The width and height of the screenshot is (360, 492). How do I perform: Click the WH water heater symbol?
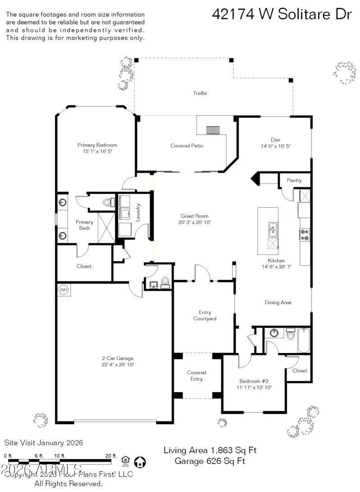tap(63, 290)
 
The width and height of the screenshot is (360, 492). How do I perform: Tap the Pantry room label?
tap(294, 180)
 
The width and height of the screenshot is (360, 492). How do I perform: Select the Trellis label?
tap(200, 93)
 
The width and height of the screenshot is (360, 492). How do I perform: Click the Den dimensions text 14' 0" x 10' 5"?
tap(276, 146)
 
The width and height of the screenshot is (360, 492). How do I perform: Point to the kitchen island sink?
tap(273, 229)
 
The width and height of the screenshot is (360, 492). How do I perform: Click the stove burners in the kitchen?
tap(305, 234)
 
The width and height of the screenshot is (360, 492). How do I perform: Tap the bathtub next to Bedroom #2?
tap(304, 341)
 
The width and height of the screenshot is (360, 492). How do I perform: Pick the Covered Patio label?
tap(187, 146)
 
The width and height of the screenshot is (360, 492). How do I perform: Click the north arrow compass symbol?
tap(140, 461)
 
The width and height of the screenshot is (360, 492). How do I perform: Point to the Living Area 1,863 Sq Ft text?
tap(210, 450)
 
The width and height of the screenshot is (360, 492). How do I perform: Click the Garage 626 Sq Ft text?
tap(210, 461)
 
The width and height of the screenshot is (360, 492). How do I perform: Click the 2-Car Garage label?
tap(117, 358)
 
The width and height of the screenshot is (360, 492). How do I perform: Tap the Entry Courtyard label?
tap(205, 315)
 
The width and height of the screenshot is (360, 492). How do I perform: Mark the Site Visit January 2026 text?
tap(44, 443)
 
